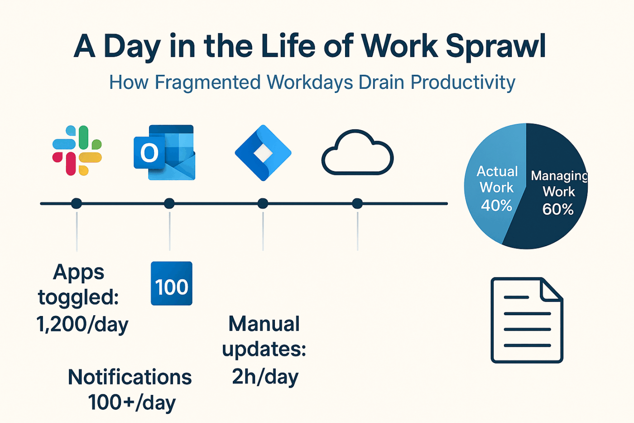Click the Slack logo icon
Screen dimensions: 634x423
click(77, 151)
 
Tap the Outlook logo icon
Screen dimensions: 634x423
click(164, 152)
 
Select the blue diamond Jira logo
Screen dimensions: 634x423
click(263, 153)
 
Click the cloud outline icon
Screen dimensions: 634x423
click(357, 152)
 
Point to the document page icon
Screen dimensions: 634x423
click(527, 320)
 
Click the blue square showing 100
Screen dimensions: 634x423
click(172, 283)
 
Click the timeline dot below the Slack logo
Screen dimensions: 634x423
click(77, 204)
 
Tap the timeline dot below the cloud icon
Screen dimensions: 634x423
click(357, 204)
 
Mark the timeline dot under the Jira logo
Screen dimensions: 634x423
click(263, 204)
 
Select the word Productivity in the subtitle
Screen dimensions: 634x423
click(463, 83)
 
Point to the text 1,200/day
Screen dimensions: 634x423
click(82, 324)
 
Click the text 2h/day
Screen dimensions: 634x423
click(265, 377)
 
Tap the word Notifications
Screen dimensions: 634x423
click(130, 377)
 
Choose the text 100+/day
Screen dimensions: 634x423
click(132, 403)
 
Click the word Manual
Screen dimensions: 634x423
click(264, 324)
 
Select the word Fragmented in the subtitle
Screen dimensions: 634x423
click(207, 83)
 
